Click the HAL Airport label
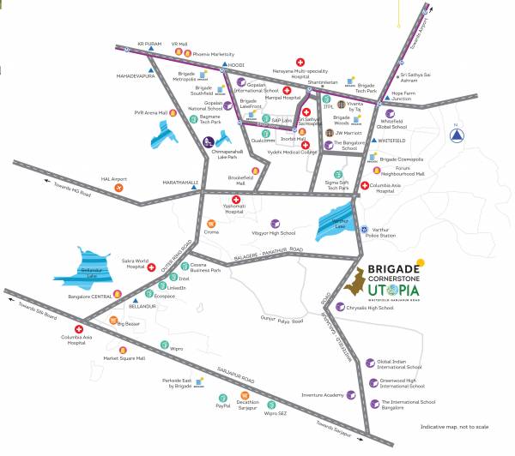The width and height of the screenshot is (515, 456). coord(113,179)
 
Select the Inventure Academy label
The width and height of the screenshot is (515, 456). coord(323,395)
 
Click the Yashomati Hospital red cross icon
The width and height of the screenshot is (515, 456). coord(235,199)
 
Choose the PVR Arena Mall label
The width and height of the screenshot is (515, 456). coord(150,111)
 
